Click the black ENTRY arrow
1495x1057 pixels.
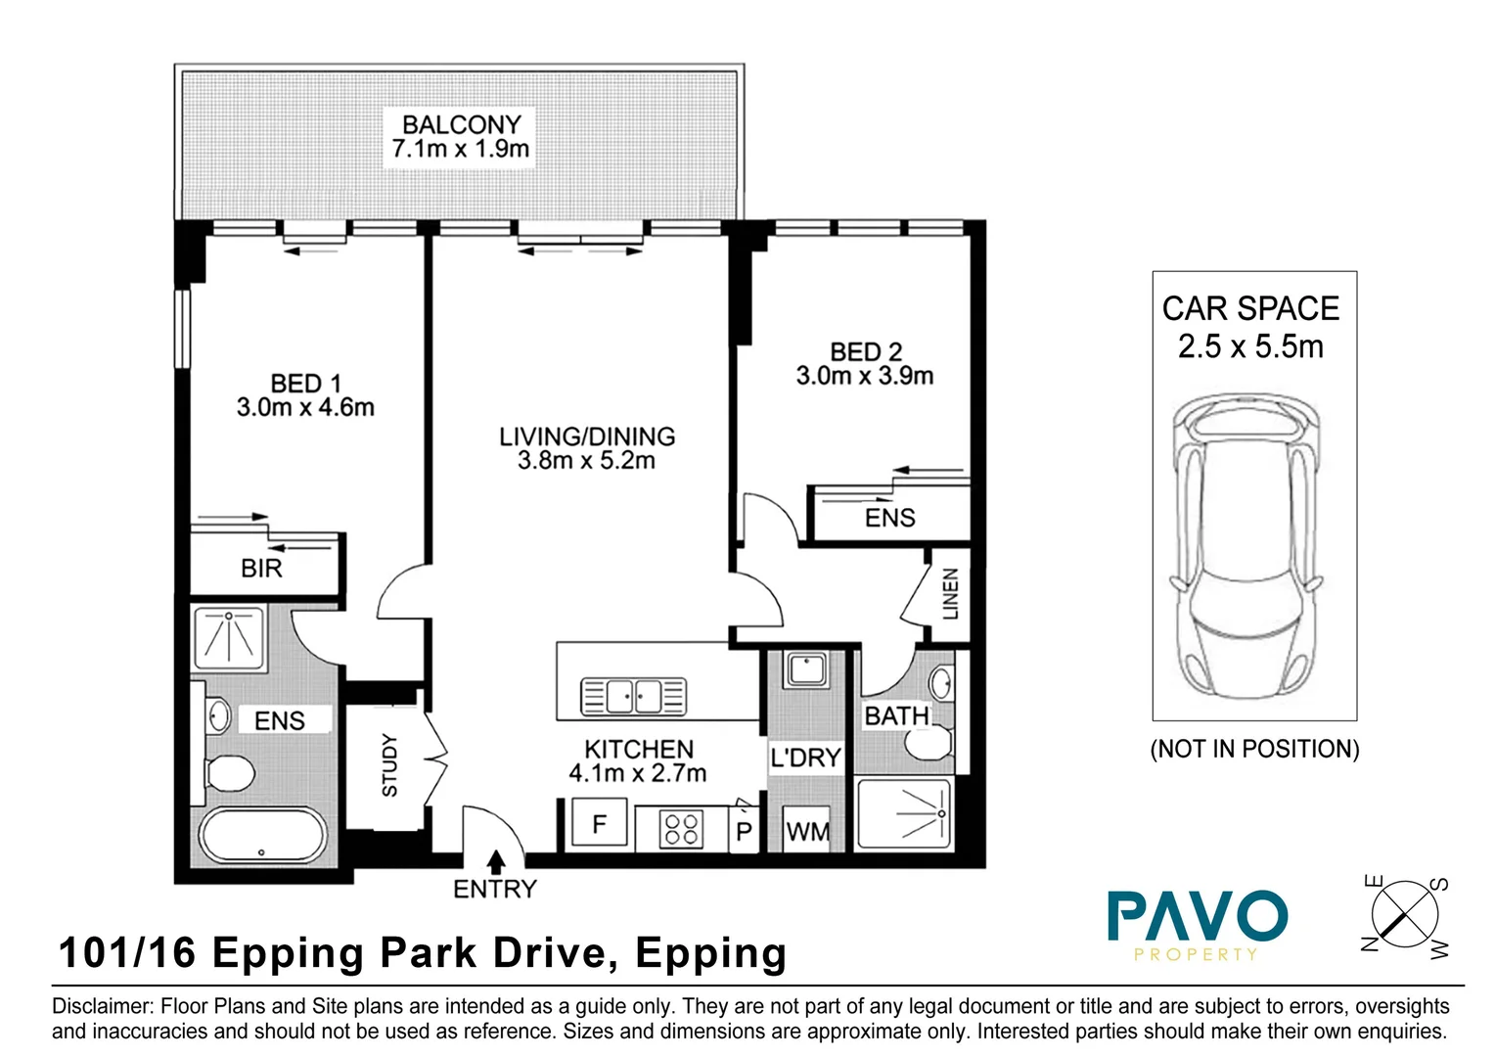[496, 861]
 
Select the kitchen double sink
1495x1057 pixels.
[634, 697]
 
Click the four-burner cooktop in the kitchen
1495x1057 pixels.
[681, 829]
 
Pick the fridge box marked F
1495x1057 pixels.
[599, 826]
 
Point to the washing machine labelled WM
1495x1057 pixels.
[807, 832]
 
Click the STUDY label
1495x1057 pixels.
[389, 765]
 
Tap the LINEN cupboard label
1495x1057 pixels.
[950, 594]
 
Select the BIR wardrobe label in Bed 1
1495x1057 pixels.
[261, 569]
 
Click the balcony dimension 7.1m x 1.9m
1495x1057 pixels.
[460, 150]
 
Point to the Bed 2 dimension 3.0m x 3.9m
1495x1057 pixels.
[864, 376]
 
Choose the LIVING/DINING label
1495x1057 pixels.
[587, 437]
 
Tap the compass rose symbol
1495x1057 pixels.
[1405, 917]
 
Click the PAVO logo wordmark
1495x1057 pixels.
[1197, 917]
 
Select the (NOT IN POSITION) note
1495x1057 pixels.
[1254, 750]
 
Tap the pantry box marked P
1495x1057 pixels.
[744, 831]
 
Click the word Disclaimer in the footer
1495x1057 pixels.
[102, 1006]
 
